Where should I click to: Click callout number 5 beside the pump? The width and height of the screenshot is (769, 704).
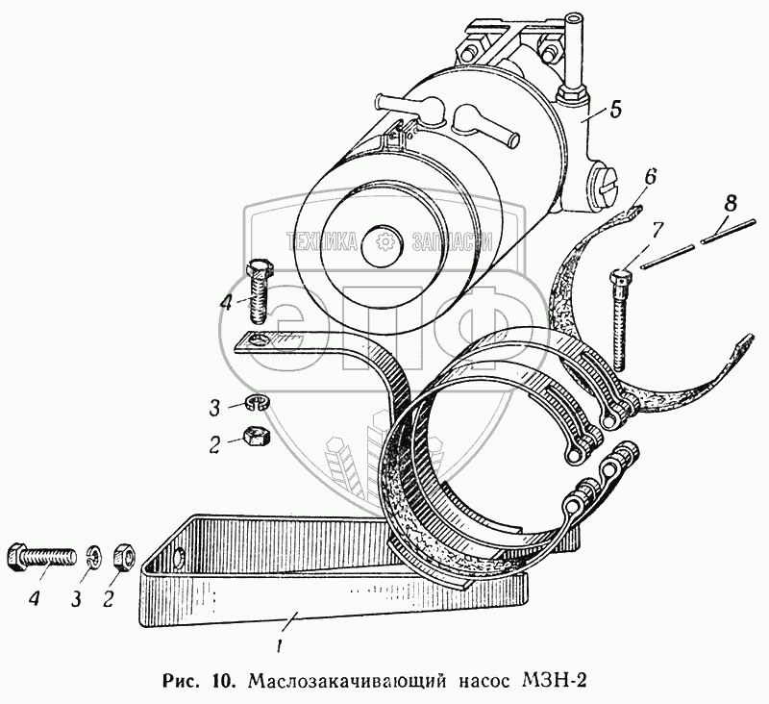[x=616, y=109]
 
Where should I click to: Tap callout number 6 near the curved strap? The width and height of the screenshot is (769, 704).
[x=651, y=176]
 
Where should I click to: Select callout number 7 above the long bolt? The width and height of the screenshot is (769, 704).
[x=657, y=230]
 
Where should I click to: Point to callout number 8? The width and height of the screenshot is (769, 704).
[x=732, y=203]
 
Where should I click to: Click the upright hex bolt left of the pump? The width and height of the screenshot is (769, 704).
[x=260, y=292]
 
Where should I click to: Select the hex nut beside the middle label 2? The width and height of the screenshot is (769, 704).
[x=256, y=437]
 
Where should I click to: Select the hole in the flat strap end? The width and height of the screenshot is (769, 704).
[x=257, y=338]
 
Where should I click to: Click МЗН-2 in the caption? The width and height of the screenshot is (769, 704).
[x=551, y=681]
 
